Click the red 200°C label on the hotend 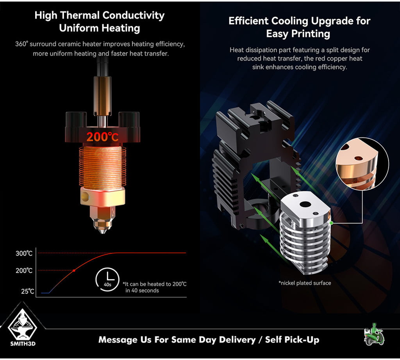point(102,137)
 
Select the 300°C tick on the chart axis point(24,253)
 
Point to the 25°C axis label point(28,291)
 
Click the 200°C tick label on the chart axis point(24,270)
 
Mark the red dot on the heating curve point(74,270)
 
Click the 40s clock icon point(107,280)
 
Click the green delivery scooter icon point(374,334)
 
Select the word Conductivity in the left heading point(134,15)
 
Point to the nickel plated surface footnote point(305,283)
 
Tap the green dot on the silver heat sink point(331,223)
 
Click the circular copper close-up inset point(362,164)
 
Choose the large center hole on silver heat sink point(304,204)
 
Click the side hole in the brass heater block point(85,196)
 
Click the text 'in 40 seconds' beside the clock point(142,290)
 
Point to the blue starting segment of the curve point(45,293)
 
